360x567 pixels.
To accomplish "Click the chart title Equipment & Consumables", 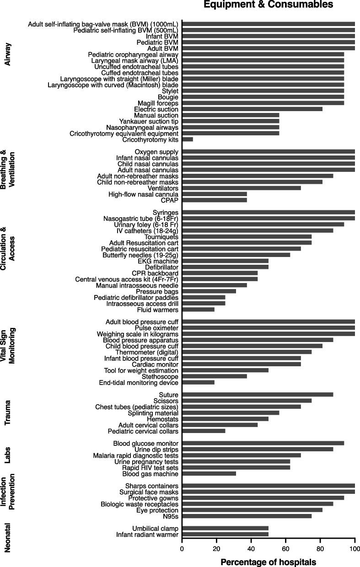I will [x=269, y=5].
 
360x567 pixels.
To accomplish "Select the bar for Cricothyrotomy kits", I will [x=188, y=139].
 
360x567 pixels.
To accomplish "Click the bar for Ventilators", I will [x=242, y=188].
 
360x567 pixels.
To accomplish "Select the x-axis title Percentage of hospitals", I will [x=268, y=562].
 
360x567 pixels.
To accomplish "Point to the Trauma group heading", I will [x=7, y=413].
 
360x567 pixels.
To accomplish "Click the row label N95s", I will [x=169, y=516].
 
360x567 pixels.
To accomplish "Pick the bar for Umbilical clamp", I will [x=225, y=528].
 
